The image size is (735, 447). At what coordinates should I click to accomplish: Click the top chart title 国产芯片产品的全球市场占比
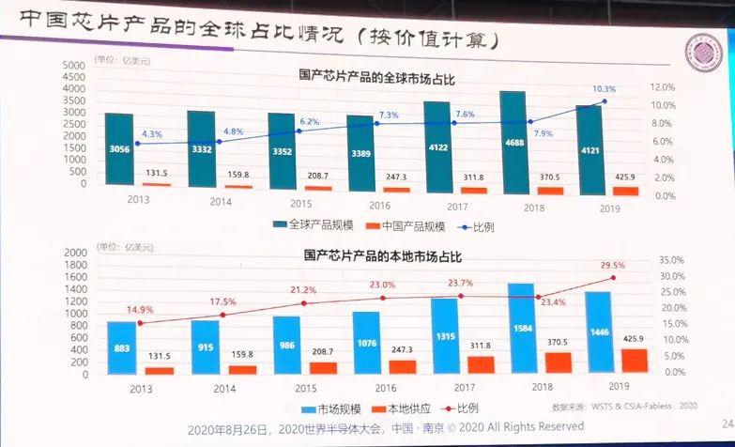[375, 79]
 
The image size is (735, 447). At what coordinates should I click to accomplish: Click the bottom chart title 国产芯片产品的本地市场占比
[382, 254]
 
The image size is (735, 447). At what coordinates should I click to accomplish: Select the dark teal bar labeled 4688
[512, 141]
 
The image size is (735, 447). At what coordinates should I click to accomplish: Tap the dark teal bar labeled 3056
[119, 151]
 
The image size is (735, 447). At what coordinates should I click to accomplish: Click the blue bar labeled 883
[122, 347]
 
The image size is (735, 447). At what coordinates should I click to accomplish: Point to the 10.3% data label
[604, 89]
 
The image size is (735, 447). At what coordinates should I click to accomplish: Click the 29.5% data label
[612, 266]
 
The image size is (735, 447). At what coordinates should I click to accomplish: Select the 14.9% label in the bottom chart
[139, 310]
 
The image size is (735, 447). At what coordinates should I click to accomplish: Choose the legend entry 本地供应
[402, 408]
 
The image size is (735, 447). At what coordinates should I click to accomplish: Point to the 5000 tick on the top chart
[72, 65]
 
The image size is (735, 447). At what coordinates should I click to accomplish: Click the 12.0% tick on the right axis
[664, 87]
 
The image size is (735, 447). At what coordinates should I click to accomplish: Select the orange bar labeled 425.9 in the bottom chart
[635, 361]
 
